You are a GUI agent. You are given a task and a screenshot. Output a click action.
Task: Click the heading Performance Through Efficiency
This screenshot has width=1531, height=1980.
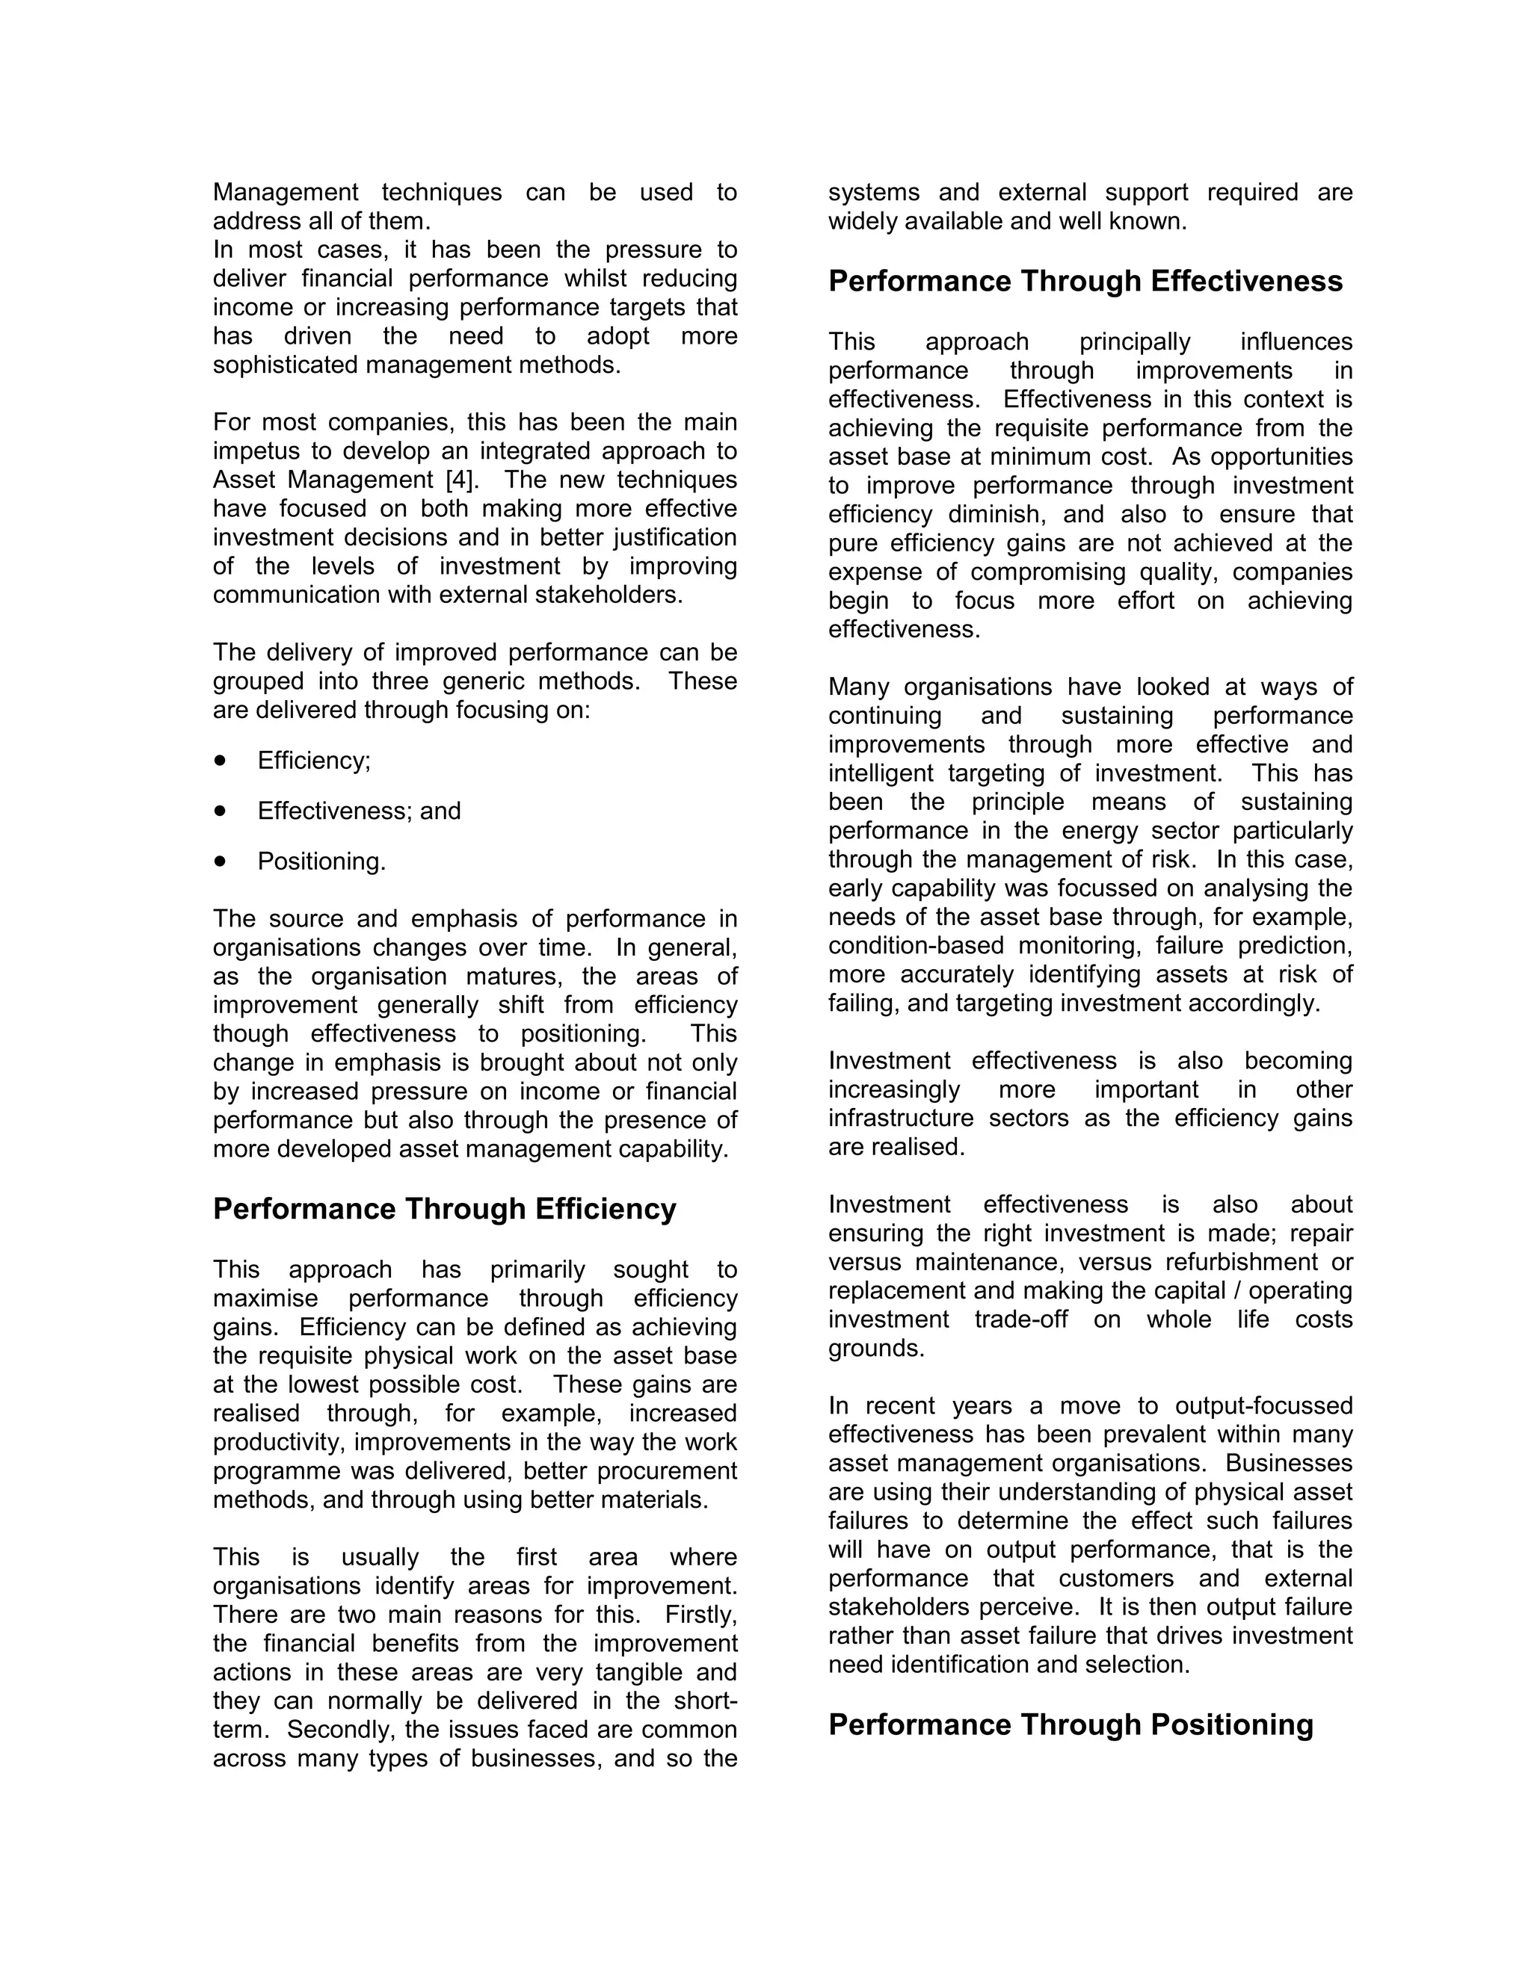coord(445,1210)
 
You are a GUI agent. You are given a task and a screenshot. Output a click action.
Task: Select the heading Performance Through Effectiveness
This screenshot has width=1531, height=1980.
coord(1085,281)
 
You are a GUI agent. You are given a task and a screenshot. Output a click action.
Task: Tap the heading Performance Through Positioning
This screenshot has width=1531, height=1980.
coord(1071,1724)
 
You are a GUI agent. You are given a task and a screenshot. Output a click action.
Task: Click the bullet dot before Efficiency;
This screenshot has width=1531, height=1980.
coord(221,760)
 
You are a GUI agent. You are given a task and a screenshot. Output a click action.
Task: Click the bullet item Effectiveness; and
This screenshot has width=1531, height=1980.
coord(359,811)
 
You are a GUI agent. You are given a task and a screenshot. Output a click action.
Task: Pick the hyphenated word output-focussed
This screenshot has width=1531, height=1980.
coord(1263,1405)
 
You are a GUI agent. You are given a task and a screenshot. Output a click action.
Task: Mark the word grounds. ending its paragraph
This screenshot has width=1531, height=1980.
coord(876,1348)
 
